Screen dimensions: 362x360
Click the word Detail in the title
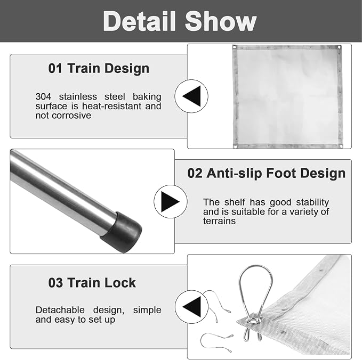(139, 21)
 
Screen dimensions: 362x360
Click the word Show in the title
(221, 21)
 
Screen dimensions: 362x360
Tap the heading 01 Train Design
(99, 69)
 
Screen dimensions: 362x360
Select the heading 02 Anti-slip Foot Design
(266, 173)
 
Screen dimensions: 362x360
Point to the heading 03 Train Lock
(92, 282)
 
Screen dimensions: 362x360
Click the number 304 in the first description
(43, 96)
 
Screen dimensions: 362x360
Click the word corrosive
(71, 116)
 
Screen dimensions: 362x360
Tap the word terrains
(219, 221)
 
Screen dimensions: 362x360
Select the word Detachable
(60, 310)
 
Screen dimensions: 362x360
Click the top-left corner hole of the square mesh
(235, 47)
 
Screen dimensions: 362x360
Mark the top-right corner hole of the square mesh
(339, 47)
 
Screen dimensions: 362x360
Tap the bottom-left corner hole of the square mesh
(236, 146)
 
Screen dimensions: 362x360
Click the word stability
(312, 202)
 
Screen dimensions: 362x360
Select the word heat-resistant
(112, 106)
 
